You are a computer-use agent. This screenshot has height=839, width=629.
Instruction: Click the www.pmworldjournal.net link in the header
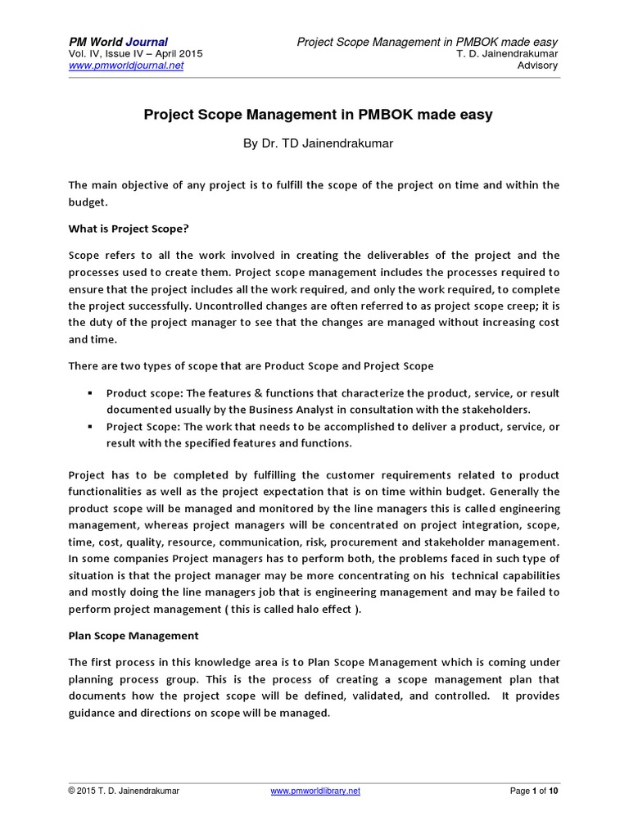pos(125,66)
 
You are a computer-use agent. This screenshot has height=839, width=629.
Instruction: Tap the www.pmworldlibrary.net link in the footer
pos(314,791)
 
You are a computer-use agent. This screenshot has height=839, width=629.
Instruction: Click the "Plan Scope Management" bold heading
pos(133,635)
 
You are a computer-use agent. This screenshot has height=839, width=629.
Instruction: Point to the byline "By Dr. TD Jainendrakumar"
pos(318,143)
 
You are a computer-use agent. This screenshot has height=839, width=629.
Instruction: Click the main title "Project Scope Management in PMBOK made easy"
pos(318,115)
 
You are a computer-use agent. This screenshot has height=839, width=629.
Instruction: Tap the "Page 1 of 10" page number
pos(534,791)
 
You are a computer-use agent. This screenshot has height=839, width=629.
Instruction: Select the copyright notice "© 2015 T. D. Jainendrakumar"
pos(124,791)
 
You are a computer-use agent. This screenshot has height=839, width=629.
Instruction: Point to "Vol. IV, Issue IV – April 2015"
pos(135,54)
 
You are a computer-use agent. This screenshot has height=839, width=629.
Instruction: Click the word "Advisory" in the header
pos(538,66)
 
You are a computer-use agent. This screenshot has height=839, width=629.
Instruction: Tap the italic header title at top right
pos(427,42)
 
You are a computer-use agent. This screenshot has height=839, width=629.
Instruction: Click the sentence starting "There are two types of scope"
pos(251,365)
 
